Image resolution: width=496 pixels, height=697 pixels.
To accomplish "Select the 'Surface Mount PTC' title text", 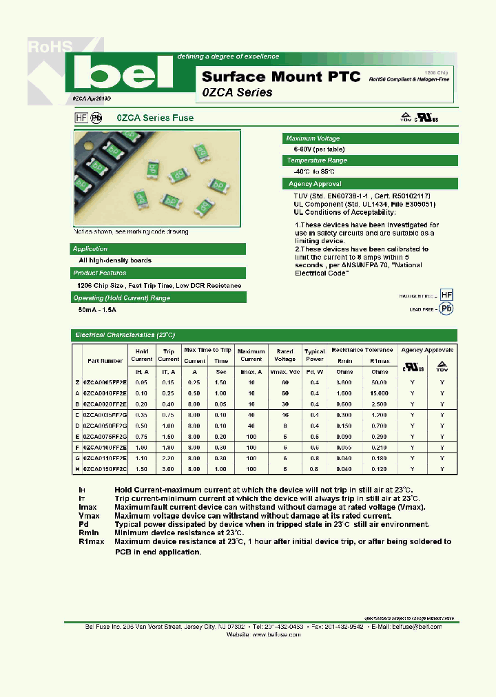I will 281,76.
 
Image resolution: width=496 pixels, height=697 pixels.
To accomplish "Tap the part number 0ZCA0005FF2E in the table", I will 105,382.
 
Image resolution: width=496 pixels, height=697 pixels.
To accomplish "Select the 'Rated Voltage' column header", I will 285,355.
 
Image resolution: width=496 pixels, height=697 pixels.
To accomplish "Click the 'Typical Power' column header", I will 314,355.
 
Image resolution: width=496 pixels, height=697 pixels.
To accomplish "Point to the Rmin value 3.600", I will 344,382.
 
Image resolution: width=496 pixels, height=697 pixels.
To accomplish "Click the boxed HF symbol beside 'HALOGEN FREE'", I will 446,295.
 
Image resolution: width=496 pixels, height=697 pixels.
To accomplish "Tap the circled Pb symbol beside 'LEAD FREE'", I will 446,309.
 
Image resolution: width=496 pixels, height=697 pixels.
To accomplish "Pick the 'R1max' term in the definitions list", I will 92,541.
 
